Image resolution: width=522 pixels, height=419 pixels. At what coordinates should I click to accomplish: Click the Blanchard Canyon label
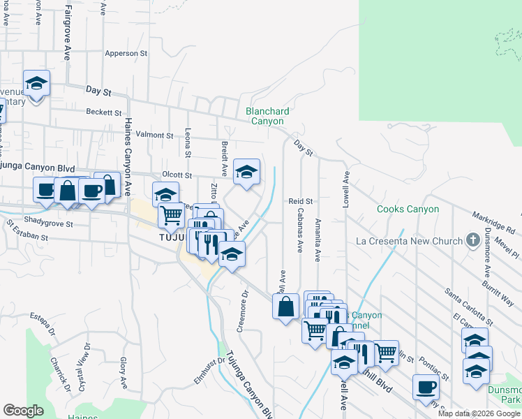[x=267, y=116]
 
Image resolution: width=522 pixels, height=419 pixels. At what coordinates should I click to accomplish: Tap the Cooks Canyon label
[x=408, y=209]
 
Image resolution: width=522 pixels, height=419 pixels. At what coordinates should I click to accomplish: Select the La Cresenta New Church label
[x=409, y=242]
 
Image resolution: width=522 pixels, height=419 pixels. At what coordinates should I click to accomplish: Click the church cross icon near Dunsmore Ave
[x=472, y=241]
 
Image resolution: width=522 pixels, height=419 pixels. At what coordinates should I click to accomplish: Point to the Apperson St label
[x=126, y=53]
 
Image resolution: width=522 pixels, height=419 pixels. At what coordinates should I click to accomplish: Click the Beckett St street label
[x=104, y=112]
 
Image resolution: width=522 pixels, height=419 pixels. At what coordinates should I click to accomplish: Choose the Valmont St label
[x=154, y=135]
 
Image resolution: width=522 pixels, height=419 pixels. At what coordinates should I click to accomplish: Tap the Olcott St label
[x=177, y=175]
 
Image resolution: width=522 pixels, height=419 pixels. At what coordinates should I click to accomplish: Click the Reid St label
[x=299, y=201]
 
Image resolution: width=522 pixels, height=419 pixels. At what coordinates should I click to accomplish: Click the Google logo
[x=23, y=410]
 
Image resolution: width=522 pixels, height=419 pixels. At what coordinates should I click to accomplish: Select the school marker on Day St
[x=36, y=84]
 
